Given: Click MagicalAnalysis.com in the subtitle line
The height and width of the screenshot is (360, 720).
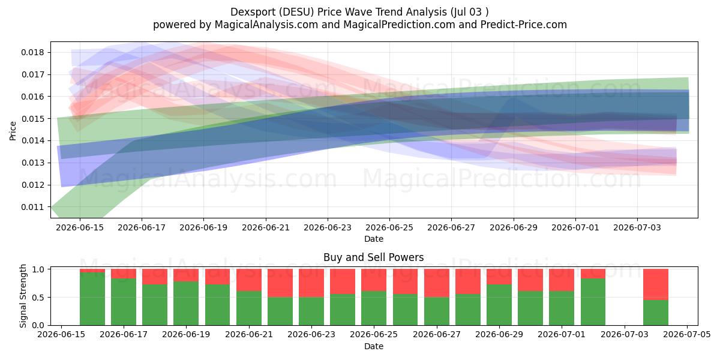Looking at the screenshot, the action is tap(266, 25).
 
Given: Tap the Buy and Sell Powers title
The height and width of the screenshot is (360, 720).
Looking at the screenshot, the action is tap(373, 257).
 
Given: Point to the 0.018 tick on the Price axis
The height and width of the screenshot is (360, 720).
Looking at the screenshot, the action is tap(33, 52).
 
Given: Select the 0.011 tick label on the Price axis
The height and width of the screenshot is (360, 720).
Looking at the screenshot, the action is tap(33, 207).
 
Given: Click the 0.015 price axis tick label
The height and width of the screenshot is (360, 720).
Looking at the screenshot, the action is tap(33, 119).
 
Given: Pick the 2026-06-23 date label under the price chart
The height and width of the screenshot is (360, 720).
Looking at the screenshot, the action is tap(328, 227).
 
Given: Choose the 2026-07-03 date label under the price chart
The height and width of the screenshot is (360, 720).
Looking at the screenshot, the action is tap(637, 227).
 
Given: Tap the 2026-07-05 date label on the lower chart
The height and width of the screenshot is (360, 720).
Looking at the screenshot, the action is tap(687, 334).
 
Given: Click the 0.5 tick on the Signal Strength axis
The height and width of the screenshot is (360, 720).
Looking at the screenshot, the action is tap(38, 298).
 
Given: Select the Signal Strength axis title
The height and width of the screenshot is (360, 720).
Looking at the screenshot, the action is tap(23, 296).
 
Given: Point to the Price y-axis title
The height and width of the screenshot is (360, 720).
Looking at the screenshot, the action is tap(13, 131).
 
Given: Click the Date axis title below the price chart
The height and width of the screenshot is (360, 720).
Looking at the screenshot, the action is tap(373, 239).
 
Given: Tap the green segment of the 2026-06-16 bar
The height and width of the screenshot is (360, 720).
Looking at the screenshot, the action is tap(92, 299).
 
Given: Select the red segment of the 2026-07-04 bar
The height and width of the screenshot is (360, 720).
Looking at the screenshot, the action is tap(656, 284).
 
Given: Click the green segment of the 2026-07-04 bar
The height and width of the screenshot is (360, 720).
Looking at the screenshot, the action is tap(656, 313).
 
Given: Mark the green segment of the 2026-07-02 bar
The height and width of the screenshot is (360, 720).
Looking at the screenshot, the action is tap(593, 302).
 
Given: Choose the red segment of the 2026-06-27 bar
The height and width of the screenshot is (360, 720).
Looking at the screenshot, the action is tap(437, 283).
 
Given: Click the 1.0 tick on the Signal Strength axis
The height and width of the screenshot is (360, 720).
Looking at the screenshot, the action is tap(38, 269).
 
